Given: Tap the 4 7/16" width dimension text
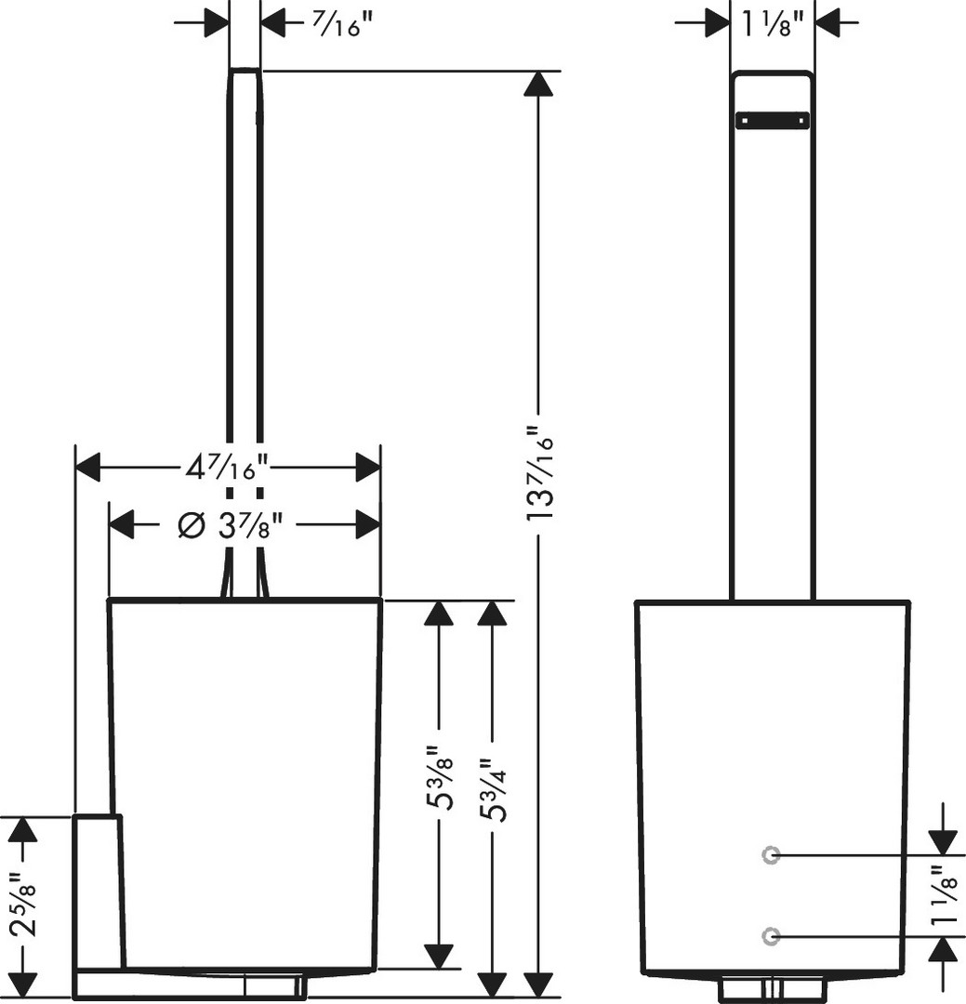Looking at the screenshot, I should pos(227,467).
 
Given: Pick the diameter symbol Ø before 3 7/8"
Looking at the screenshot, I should pos(191,525).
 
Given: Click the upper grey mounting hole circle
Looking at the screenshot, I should pos(770,855).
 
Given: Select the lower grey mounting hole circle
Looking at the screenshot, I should pos(770,935).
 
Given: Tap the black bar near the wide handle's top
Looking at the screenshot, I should pos(773,120).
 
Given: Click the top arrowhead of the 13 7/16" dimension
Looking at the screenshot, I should pos(537,84).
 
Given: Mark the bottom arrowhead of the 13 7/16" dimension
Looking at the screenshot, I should pos(537,984).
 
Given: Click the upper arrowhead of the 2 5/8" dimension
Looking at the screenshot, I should pos(25,829).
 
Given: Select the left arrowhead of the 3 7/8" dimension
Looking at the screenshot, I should pos(122,525).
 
